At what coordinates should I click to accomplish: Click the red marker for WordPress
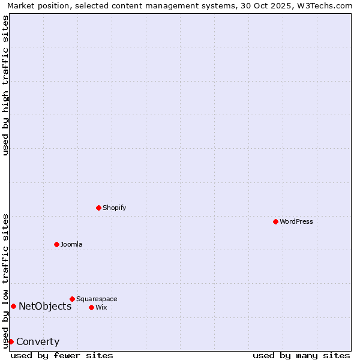pos(275,221)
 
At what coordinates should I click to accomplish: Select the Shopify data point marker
pos(98,208)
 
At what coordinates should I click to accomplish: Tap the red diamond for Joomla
pos(56,244)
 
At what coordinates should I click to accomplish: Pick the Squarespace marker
pos(72,299)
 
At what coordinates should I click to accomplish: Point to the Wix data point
pos(91,307)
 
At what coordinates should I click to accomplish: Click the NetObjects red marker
pos(13,306)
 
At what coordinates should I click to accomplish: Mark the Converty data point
pos(11,341)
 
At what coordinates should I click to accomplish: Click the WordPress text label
pos(296,221)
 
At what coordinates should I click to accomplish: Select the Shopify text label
pos(115,208)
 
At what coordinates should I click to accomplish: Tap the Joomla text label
pos(71,244)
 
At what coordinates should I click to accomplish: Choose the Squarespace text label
pos(97,299)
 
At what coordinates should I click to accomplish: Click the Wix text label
pos(101,307)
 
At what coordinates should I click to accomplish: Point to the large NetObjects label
pos(45,306)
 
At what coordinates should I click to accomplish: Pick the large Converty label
pos(38,342)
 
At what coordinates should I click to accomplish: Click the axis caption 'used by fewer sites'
pos(62,355)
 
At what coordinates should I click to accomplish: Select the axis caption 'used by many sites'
pos(301,355)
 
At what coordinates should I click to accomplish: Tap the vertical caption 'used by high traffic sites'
pos(5,85)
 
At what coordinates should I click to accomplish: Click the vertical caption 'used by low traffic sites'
pos(5,281)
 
